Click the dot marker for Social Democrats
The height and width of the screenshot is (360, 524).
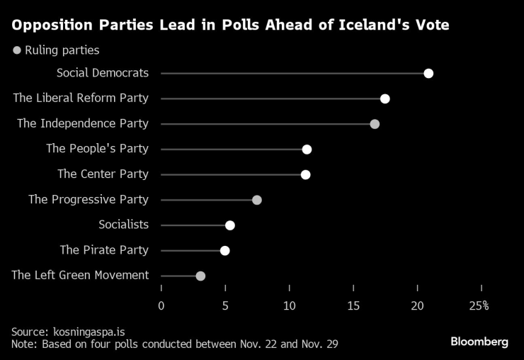click(428, 74)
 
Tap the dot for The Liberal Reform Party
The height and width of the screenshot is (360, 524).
click(385, 99)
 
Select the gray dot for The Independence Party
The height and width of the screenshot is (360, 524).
click(375, 124)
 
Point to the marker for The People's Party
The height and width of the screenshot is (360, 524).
click(307, 149)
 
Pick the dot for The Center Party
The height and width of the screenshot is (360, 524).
click(305, 174)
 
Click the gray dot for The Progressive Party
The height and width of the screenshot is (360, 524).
click(257, 200)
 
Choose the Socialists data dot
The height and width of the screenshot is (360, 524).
click(229, 225)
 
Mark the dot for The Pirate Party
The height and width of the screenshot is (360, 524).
click(225, 250)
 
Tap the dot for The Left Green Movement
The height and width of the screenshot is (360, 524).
click(200, 276)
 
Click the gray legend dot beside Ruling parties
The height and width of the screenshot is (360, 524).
click(17, 50)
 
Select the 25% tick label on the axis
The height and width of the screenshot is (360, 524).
click(479, 305)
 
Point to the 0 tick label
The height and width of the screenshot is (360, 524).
click(161, 305)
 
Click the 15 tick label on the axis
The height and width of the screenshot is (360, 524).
click(353, 305)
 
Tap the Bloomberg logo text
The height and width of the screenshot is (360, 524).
click(479, 342)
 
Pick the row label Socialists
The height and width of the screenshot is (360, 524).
click(123, 225)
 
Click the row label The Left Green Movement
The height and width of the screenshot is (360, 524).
click(80, 275)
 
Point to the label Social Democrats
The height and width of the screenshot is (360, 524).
click(103, 73)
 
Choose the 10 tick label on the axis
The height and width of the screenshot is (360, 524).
click(289, 305)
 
